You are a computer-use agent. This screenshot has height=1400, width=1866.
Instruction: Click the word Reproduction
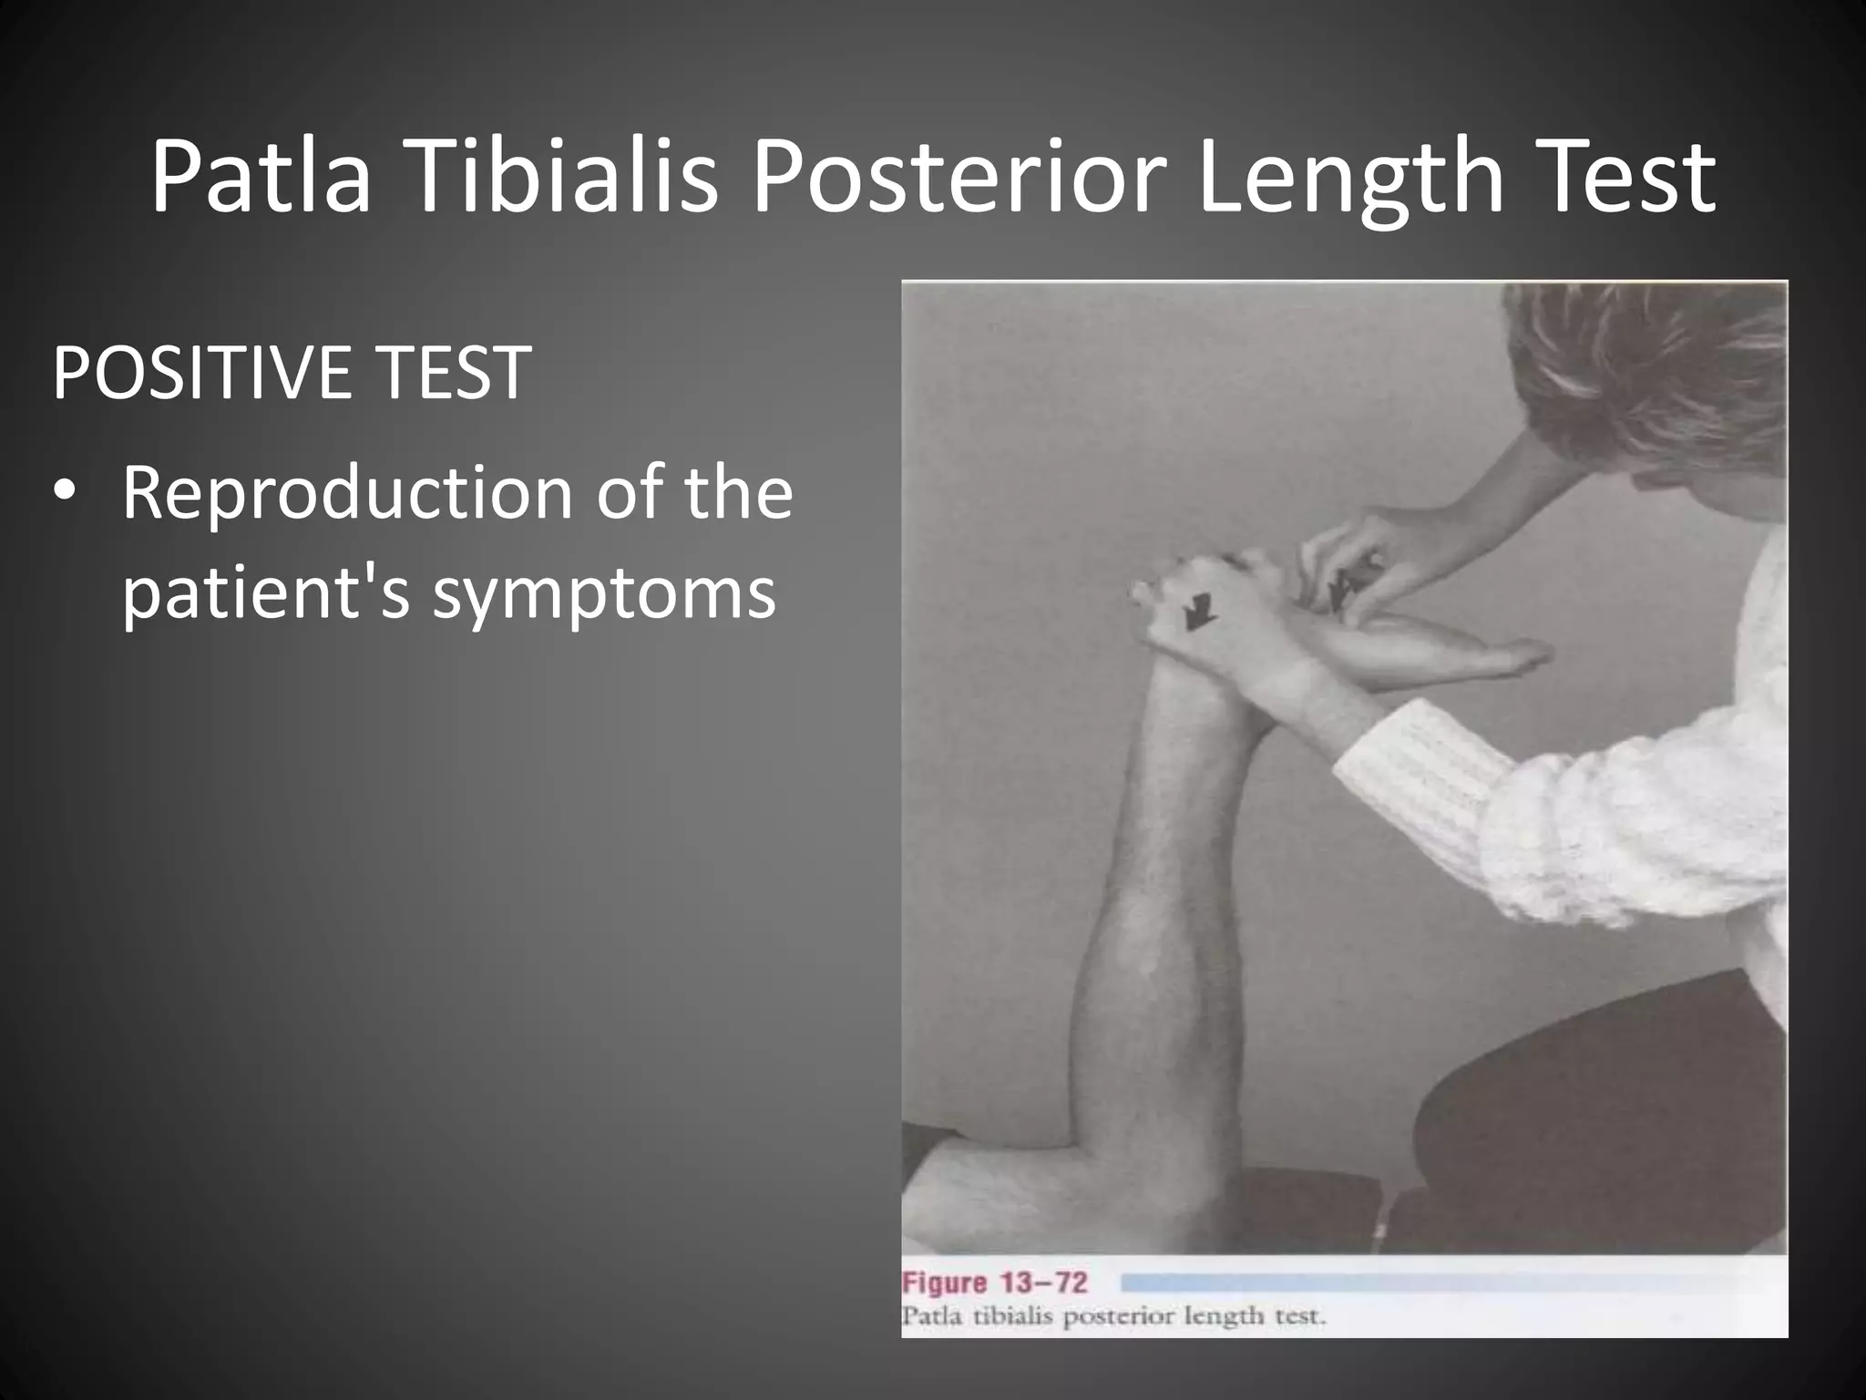click(x=345, y=493)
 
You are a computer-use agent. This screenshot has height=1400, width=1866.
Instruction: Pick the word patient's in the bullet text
click(x=265, y=592)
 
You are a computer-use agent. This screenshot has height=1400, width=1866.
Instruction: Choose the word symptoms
click(x=604, y=592)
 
